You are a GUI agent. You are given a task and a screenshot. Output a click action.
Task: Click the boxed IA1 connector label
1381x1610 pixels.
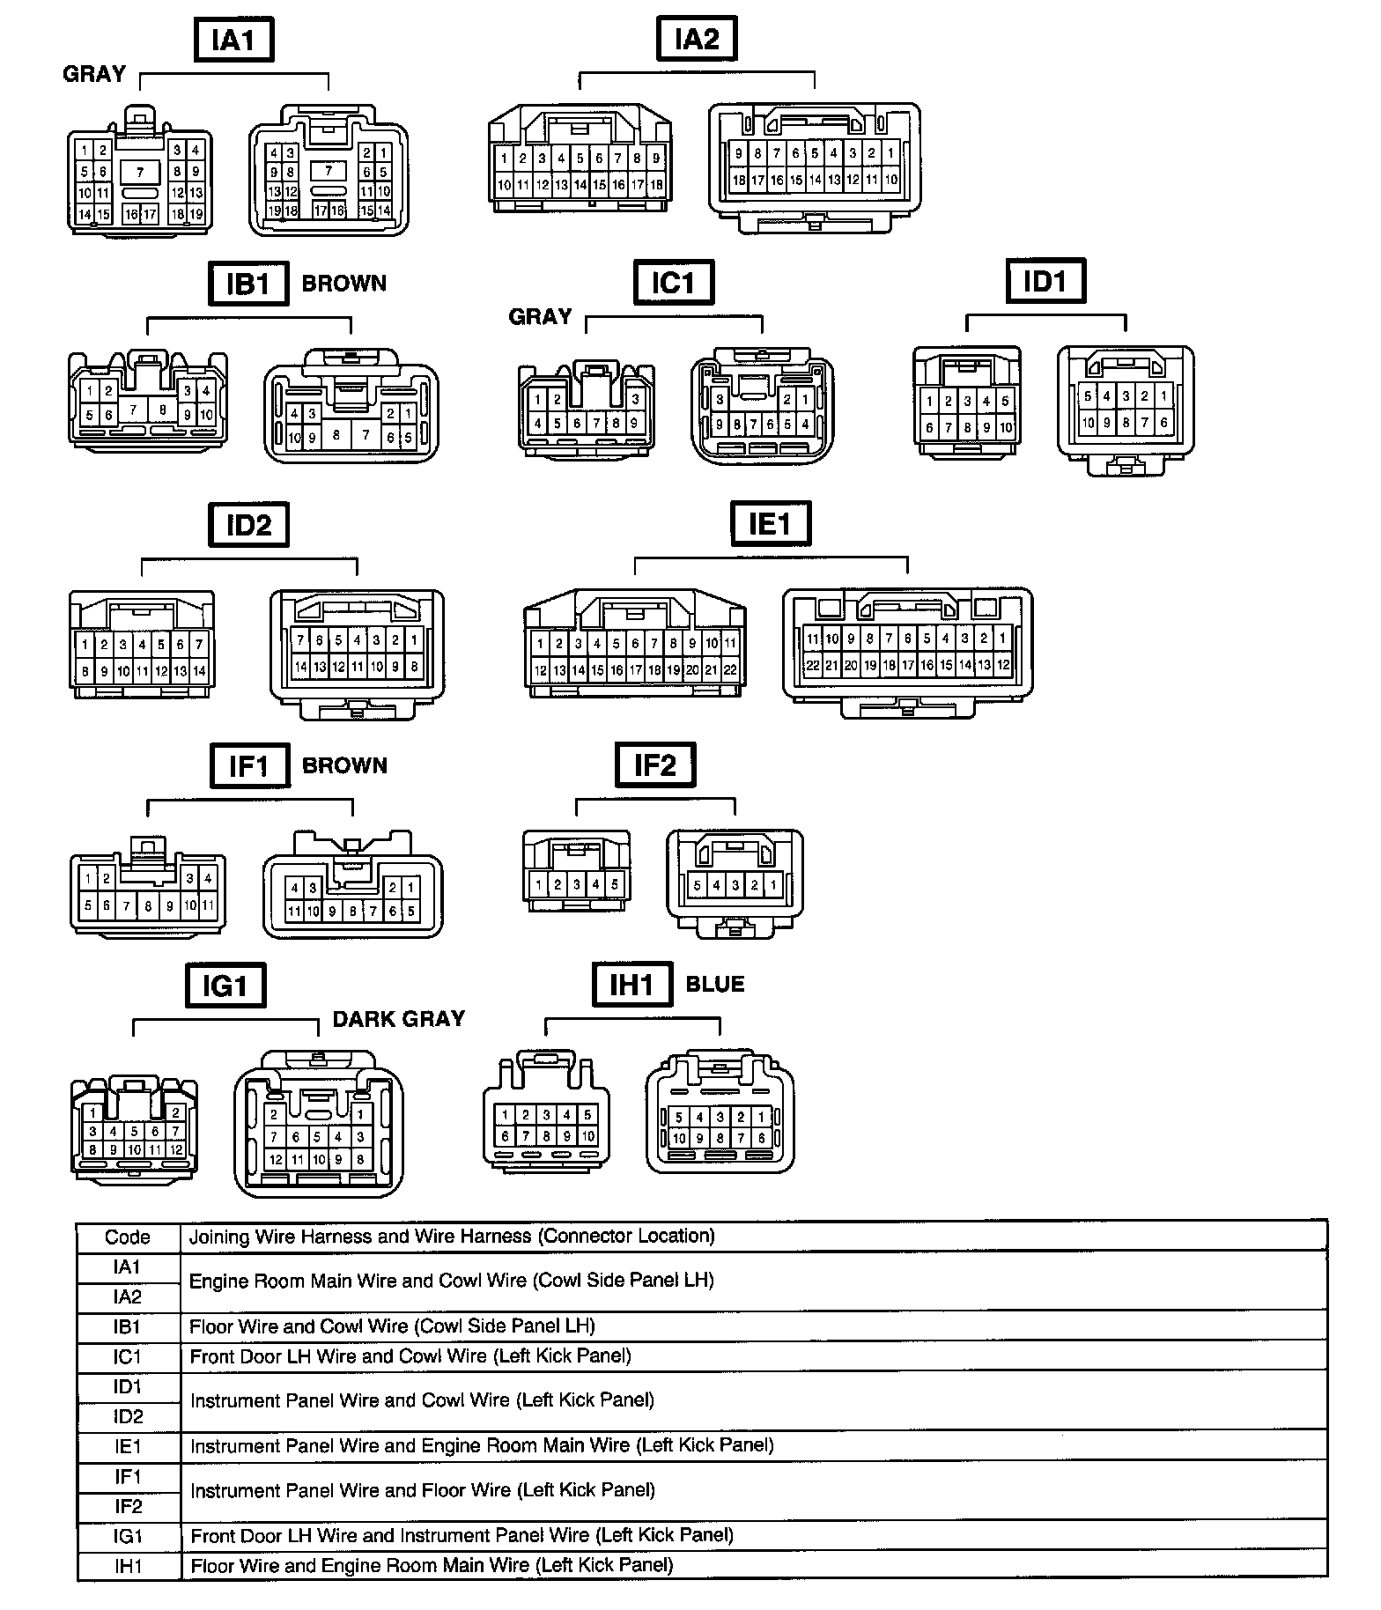[x=233, y=41]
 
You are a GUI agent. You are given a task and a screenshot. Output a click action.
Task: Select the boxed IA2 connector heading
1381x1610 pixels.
[x=697, y=40]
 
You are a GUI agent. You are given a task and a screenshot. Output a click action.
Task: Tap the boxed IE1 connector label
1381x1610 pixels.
[x=771, y=525]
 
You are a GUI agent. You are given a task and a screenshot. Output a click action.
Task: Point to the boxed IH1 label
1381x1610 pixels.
[x=633, y=985]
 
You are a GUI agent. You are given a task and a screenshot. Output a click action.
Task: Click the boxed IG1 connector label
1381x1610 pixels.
[x=225, y=986]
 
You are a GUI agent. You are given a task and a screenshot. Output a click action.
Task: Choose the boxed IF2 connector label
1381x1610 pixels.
[x=654, y=765]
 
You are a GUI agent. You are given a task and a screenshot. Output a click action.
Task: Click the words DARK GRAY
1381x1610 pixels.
[x=399, y=1019]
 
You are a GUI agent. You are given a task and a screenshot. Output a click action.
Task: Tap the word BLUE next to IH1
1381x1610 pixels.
[x=715, y=985]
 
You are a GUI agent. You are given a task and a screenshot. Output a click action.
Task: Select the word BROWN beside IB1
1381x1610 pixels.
[x=344, y=284]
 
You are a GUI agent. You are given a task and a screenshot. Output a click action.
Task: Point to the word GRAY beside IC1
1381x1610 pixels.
[x=541, y=317]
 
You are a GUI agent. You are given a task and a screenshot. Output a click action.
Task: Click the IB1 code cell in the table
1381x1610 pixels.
[x=128, y=1327]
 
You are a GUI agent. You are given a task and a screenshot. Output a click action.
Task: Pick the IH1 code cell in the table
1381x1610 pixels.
[x=128, y=1566]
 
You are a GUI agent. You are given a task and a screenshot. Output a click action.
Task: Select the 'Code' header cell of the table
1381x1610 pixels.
[x=128, y=1237]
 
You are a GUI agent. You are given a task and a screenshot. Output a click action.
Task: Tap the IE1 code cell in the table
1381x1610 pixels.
[x=128, y=1446]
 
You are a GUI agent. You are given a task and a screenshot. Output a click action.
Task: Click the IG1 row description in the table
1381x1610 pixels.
[x=462, y=1536]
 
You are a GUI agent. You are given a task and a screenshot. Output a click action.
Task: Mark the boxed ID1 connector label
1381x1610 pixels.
[x=1045, y=282]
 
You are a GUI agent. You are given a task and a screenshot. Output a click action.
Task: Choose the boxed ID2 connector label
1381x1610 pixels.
[x=249, y=526]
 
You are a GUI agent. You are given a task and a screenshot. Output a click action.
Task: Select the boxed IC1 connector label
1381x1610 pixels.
[x=674, y=284]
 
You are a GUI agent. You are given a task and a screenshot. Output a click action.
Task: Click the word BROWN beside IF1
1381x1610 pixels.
[x=344, y=766]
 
